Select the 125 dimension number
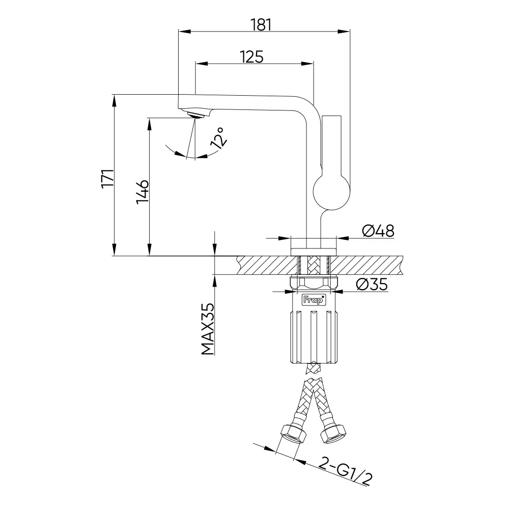[252, 57]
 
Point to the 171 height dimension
[107, 178]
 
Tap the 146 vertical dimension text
[143, 192]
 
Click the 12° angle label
[218, 138]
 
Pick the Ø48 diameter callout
[378, 231]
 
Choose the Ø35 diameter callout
[372, 285]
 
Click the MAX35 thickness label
[208, 329]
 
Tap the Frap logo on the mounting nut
[314, 300]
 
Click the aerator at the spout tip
[195, 115]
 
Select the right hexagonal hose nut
[333, 434]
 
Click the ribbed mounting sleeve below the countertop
[314, 336]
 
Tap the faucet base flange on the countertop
[314, 252]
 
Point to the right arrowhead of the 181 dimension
[344, 32]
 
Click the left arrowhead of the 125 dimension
[201, 64]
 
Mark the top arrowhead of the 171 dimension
[114, 101]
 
